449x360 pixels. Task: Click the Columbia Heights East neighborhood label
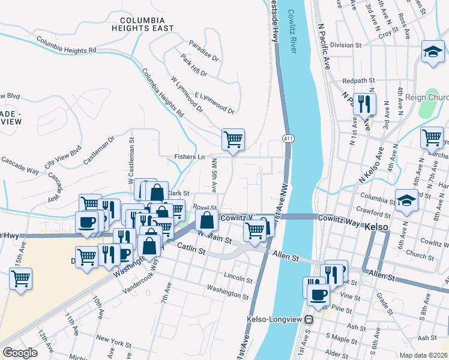click(143, 24)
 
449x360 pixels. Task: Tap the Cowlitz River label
click(292, 31)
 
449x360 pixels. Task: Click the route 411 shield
click(289, 139)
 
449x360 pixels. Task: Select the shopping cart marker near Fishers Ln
click(233, 139)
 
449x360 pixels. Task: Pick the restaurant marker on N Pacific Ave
click(364, 104)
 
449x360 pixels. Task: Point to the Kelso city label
click(376, 227)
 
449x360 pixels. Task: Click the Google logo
click(20, 353)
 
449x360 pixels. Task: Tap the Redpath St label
click(358, 80)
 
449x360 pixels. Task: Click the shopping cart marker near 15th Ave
click(20, 278)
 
